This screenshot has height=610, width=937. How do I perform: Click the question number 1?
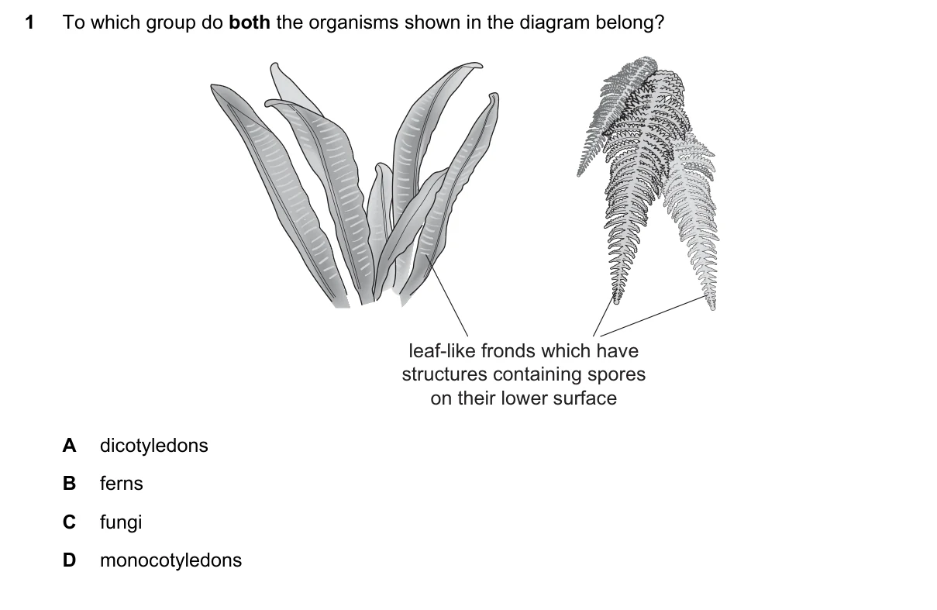[29, 22]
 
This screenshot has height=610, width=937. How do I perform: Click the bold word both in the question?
[250, 22]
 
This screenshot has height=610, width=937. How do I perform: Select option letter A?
[70, 445]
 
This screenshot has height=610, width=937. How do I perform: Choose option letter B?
[70, 483]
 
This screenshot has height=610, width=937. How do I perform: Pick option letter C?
[70, 522]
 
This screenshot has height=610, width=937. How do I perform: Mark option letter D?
[70, 560]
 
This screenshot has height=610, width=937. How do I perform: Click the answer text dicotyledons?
[154, 446]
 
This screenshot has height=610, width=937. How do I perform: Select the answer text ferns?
[122, 484]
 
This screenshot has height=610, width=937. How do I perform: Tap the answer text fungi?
[121, 522]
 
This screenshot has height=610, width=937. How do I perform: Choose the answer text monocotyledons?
[171, 560]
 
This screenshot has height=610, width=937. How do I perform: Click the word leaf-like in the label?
[442, 351]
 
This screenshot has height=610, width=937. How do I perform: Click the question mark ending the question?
[660, 22]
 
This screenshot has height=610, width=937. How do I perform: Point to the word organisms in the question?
[353, 23]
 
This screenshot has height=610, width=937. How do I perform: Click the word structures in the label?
[445, 375]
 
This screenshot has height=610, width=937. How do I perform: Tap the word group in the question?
[171, 23]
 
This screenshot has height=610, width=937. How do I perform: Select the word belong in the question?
[625, 23]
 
